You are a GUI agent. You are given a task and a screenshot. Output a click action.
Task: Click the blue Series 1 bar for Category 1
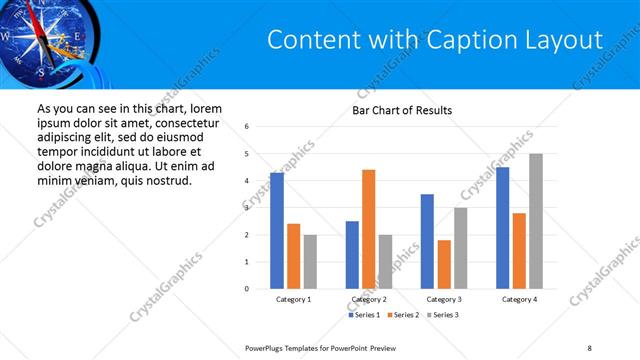pos(277,230)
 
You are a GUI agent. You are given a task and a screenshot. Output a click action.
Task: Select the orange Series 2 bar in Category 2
pos(368,229)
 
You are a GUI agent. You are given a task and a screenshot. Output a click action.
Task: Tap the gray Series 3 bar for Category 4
pos(536,221)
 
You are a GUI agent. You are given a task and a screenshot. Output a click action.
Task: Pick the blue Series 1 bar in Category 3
pos(427,241)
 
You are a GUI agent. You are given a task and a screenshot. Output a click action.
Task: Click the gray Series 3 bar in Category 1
pos(310,261)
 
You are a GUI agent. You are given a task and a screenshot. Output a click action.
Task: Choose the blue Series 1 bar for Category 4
pos(502,227)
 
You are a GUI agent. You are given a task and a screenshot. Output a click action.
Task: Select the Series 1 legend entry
pos(364,315)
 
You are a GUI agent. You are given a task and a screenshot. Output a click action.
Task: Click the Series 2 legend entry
pos(402,315)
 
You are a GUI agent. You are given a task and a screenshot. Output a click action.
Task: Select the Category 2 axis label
pos(368,299)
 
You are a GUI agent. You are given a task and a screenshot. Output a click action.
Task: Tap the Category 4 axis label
pos(519,299)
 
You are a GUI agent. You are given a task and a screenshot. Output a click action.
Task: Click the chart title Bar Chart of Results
pos(402,109)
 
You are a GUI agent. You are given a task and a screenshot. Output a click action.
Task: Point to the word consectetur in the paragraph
pos(186,121)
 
